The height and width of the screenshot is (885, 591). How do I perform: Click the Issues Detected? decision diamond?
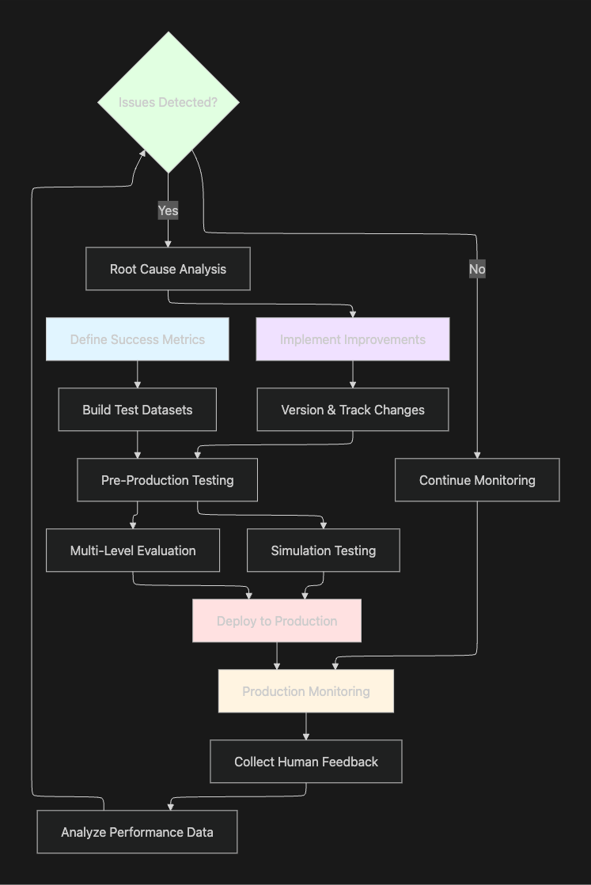pyautogui.click(x=168, y=102)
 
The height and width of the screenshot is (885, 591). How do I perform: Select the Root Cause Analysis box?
pyautogui.click(x=168, y=269)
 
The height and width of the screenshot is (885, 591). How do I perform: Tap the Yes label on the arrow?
pyautogui.click(x=168, y=210)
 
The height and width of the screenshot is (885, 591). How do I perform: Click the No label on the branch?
pyautogui.click(x=477, y=269)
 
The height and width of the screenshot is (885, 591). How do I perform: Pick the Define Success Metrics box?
pyautogui.click(x=138, y=339)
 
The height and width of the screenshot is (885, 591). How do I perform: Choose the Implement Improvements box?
pyautogui.click(x=353, y=339)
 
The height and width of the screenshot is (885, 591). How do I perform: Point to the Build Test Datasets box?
pyautogui.click(x=138, y=410)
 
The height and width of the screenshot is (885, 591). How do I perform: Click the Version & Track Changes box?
pyautogui.click(x=353, y=410)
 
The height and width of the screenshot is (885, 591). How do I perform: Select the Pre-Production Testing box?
pyautogui.click(x=168, y=480)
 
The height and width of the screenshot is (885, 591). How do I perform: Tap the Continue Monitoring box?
pyautogui.click(x=477, y=480)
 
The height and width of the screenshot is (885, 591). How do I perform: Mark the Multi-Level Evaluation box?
pyautogui.click(x=133, y=550)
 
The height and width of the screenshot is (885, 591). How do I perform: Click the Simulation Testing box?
pyautogui.click(x=324, y=550)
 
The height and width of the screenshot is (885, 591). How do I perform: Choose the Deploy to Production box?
pyautogui.click(x=277, y=621)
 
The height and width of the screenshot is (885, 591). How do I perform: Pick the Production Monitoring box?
pyautogui.click(x=306, y=691)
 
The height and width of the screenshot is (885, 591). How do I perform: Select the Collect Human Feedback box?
pyautogui.click(x=306, y=762)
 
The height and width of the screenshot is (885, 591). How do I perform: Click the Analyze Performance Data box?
pyautogui.click(x=137, y=832)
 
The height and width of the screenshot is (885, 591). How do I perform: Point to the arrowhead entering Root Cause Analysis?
pyautogui.click(x=168, y=244)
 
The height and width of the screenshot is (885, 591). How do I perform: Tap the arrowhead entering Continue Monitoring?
pyautogui.click(x=477, y=455)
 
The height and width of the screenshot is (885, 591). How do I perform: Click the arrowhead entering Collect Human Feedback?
pyautogui.click(x=306, y=736)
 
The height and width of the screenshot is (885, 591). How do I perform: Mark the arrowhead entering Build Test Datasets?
pyautogui.click(x=138, y=384)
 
